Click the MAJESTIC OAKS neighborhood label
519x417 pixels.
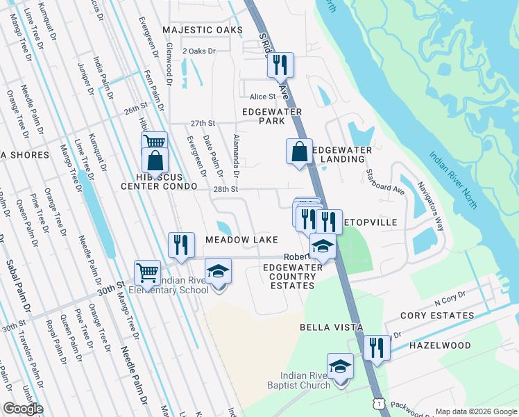[203, 30]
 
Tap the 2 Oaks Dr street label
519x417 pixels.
[199, 51]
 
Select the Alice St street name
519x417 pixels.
[263, 97]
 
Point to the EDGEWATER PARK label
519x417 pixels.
[272, 116]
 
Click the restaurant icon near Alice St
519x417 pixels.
[280, 65]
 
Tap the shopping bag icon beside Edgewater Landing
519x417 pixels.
[299, 151]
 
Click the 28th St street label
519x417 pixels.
[226, 189]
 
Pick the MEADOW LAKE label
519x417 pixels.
[237, 239]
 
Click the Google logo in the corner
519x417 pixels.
[22, 409]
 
